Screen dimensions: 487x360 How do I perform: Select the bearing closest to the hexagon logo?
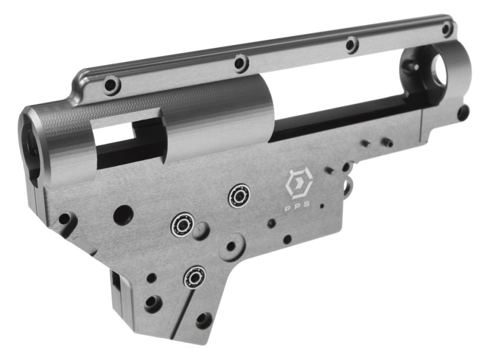[x=239, y=196]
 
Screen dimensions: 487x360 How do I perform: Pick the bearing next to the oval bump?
[x=182, y=224]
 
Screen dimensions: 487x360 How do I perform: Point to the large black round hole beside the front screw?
[x=123, y=215]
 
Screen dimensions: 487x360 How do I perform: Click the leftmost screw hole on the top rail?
[x=112, y=84]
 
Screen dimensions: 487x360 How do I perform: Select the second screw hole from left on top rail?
[x=240, y=63]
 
